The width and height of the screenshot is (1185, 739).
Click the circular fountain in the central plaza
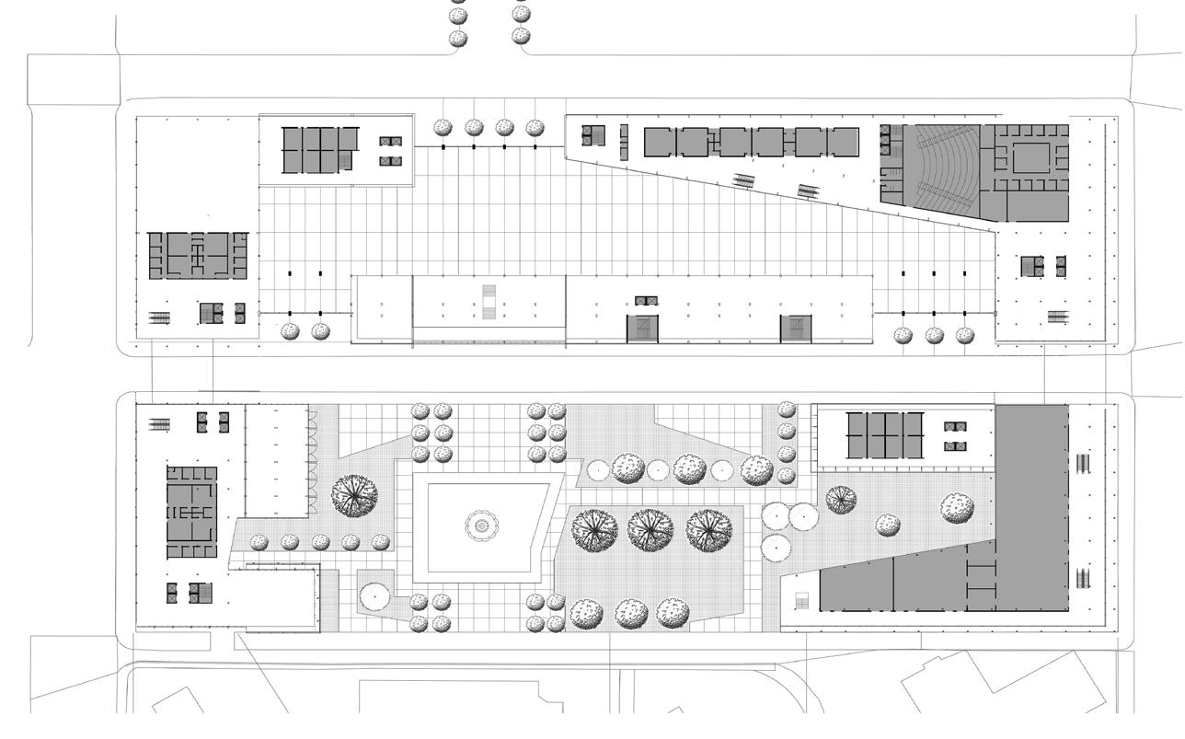[479, 525]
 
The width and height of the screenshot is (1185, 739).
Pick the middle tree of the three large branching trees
[650, 530]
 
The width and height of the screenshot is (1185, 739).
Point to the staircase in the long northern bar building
[489, 302]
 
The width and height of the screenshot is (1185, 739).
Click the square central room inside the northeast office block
[1030, 157]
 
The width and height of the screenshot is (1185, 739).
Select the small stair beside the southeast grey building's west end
[800, 602]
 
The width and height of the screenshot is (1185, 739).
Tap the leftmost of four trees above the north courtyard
[443, 128]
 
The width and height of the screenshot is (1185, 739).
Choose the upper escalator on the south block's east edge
[1085, 461]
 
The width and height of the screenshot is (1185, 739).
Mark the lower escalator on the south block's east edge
[1085, 579]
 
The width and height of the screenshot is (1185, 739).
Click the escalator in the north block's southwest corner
[159, 318]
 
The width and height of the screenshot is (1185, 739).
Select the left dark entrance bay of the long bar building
[643, 328]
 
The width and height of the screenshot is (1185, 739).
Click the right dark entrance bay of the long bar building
[796, 328]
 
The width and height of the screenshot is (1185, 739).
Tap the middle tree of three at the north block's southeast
[934, 336]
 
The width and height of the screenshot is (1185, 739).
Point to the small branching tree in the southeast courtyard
[841, 500]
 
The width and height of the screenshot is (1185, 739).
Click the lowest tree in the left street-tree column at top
[457, 39]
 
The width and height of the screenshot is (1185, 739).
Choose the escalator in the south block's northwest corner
[159, 424]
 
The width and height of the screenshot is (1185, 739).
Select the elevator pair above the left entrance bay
[646, 301]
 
